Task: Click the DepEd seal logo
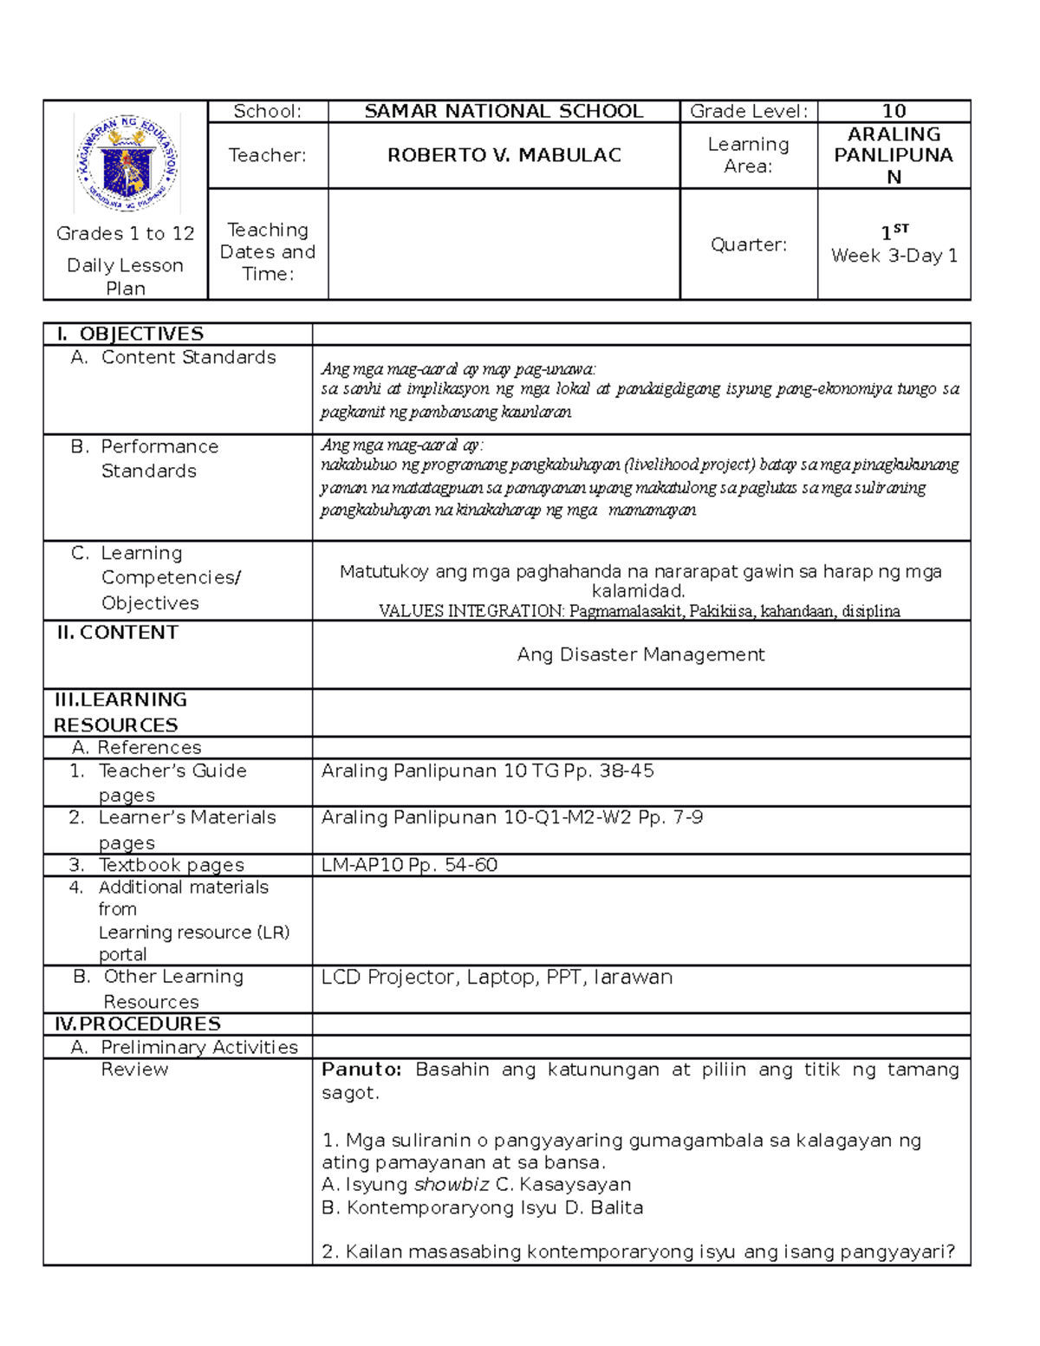tap(127, 164)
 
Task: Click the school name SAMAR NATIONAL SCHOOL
tap(504, 111)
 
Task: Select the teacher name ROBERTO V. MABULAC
tap(504, 155)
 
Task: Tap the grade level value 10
tap(894, 111)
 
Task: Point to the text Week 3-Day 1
tap(894, 256)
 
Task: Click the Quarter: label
tap(748, 244)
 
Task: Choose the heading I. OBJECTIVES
tap(129, 334)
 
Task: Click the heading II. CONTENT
tap(117, 633)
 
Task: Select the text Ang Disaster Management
tap(640, 654)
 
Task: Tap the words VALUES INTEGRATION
tap(471, 611)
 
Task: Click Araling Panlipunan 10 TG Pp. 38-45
tap(487, 771)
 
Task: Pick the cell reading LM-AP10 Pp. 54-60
tap(409, 864)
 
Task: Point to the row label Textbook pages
tap(171, 864)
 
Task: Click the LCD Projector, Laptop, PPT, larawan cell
tap(496, 977)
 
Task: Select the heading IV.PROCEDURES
tap(138, 1024)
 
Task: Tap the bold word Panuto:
tap(361, 1070)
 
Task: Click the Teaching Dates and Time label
tap(267, 251)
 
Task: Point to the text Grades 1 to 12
tap(126, 233)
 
